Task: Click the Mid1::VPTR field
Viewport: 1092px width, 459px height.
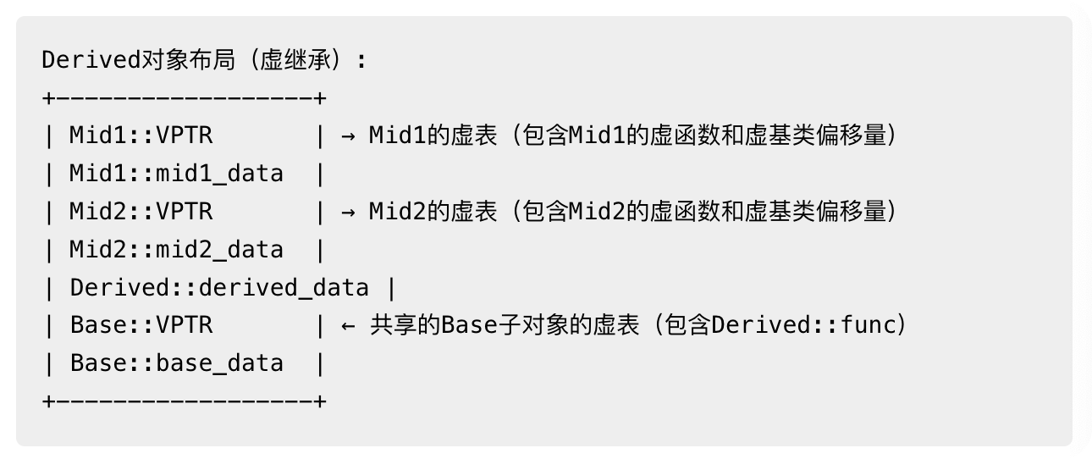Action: coord(141,135)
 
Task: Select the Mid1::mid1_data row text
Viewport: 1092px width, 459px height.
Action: coord(176,174)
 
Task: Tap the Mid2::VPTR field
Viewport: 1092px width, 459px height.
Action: coord(141,211)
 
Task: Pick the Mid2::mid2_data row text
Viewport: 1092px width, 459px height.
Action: coord(176,249)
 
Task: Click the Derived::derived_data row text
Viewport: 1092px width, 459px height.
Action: coord(219,287)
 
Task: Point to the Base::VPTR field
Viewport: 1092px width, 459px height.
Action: coord(141,325)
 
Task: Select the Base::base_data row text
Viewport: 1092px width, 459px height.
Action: coord(176,363)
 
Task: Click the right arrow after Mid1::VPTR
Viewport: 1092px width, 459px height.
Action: coord(348,135)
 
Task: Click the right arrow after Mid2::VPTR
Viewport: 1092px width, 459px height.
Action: coord(348,211)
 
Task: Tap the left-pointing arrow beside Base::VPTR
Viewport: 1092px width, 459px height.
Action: coord(348,325)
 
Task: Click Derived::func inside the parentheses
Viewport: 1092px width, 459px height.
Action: coord(803,325)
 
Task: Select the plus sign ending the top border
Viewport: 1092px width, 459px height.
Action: coord(320,98)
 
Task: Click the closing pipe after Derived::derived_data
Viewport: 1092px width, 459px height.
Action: coord(391,287)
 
